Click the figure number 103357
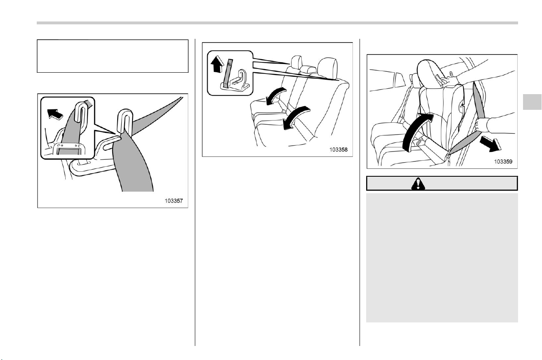coord(174,201)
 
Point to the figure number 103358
coord(338,150)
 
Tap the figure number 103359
coord(503,161)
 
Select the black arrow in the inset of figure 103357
coord(55,114)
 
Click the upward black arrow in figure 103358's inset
coord(217,64)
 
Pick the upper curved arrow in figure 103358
coord(275,95)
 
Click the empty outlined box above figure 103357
coord(113,56)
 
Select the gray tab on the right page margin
coord(532,102)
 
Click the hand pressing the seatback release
coord(450,81)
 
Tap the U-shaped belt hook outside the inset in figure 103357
coord(125,121)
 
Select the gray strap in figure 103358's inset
coord(227,73)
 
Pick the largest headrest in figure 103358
coord(327,69)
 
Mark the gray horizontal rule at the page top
coord(277,23)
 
